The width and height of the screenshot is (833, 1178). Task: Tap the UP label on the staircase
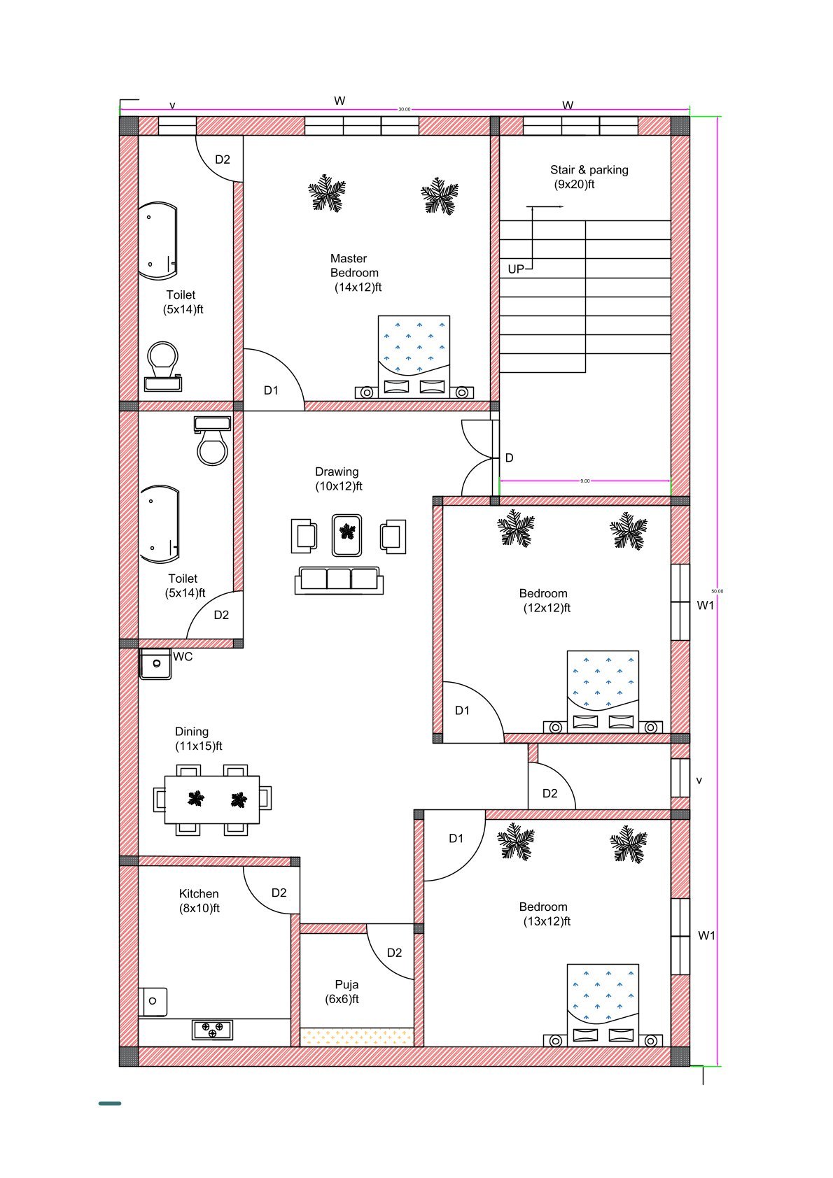[x=516, y=269]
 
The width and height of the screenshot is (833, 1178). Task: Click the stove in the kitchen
[x=213, y=1030]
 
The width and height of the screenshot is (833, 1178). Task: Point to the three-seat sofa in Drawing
[x=339, y=580]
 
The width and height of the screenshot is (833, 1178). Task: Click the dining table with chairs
[x=212, y=799]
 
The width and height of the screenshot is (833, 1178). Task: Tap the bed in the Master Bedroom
[x=414, y=357]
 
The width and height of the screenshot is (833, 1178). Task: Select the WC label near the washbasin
[x=183, y=657]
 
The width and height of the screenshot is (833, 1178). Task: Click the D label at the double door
[x=510, y=458]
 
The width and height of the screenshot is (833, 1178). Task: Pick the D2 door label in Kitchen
[x=279, y=893]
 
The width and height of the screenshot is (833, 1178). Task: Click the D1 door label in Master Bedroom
[x=271, y=390]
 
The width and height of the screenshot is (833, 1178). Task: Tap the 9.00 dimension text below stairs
[x=585, y=481]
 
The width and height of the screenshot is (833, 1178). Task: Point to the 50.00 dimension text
[x=717, y=591]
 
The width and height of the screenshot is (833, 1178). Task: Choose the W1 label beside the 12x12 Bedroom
[x=706, y=606]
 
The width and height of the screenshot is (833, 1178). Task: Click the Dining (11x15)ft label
[x=198, y=739]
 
